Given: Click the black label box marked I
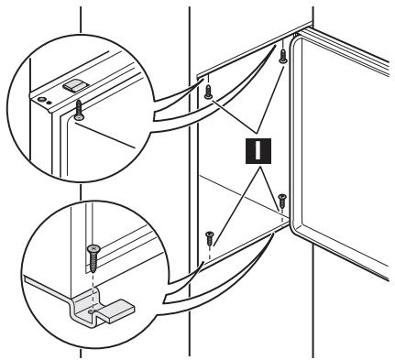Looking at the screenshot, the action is tap(258, 151).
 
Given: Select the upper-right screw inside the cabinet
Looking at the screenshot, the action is tap(283, 56).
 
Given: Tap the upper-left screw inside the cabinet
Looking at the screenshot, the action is tap(208, 93).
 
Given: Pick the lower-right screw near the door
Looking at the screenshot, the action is tap(282, 201).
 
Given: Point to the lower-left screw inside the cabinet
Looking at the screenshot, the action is tap(210, 238).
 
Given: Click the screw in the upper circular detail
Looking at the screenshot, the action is tap(79, 111).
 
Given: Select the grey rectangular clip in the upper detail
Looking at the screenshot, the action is tap(75, 84).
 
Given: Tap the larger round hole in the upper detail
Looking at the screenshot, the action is tap(41, 99).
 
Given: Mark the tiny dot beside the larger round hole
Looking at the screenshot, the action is tap(49, 103).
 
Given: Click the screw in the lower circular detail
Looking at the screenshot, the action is tap(93, 259).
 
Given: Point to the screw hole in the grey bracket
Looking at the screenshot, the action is tap(92, 311).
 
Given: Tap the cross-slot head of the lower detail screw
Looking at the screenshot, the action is tap(93, 249).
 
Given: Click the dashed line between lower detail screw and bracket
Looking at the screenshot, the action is tap(92, 291).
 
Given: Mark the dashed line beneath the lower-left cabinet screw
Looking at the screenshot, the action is tap(210, 253).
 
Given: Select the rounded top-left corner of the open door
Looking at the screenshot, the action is tap(293, 39).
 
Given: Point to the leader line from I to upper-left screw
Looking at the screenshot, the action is tap(234, 116).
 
